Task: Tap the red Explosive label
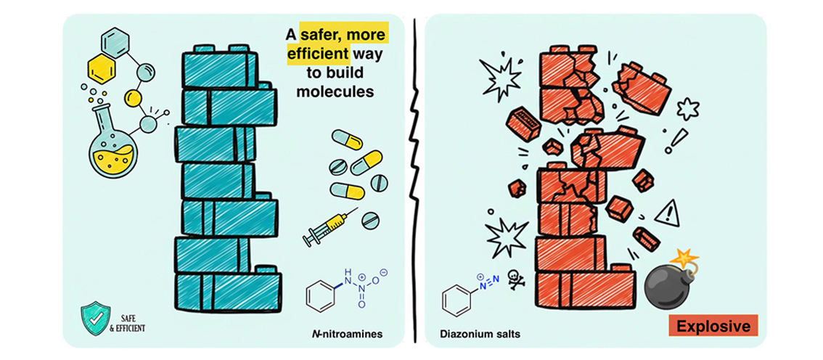point(713,327)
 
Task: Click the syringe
point(329,227)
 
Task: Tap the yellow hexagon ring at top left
point(101,70)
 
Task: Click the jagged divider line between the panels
point(414,181)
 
